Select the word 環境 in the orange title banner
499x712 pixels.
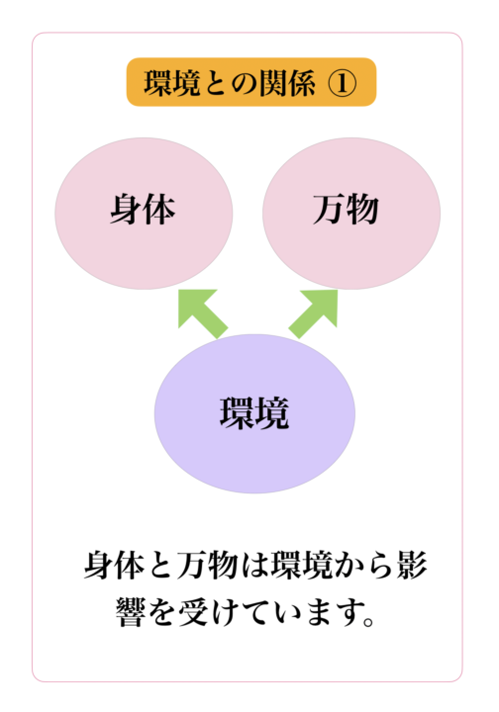coord(172,83)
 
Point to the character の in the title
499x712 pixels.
coord(244,84)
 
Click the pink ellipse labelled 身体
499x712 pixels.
coord(144,214)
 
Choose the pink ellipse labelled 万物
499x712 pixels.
coord(351,214)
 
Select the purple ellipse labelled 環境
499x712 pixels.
coord(254,413)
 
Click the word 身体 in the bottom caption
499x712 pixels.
coord(115,566)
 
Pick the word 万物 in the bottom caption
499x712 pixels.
coord(207,566)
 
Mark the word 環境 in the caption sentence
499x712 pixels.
coord(300,566)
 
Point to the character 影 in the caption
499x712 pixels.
coord(411,566)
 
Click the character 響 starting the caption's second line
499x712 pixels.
coord(131,612)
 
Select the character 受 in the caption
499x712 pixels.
coord(193,612)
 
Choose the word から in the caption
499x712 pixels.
coord(363,567)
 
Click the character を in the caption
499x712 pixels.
coord(161,612)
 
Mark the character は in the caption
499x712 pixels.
coord(254,567)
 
